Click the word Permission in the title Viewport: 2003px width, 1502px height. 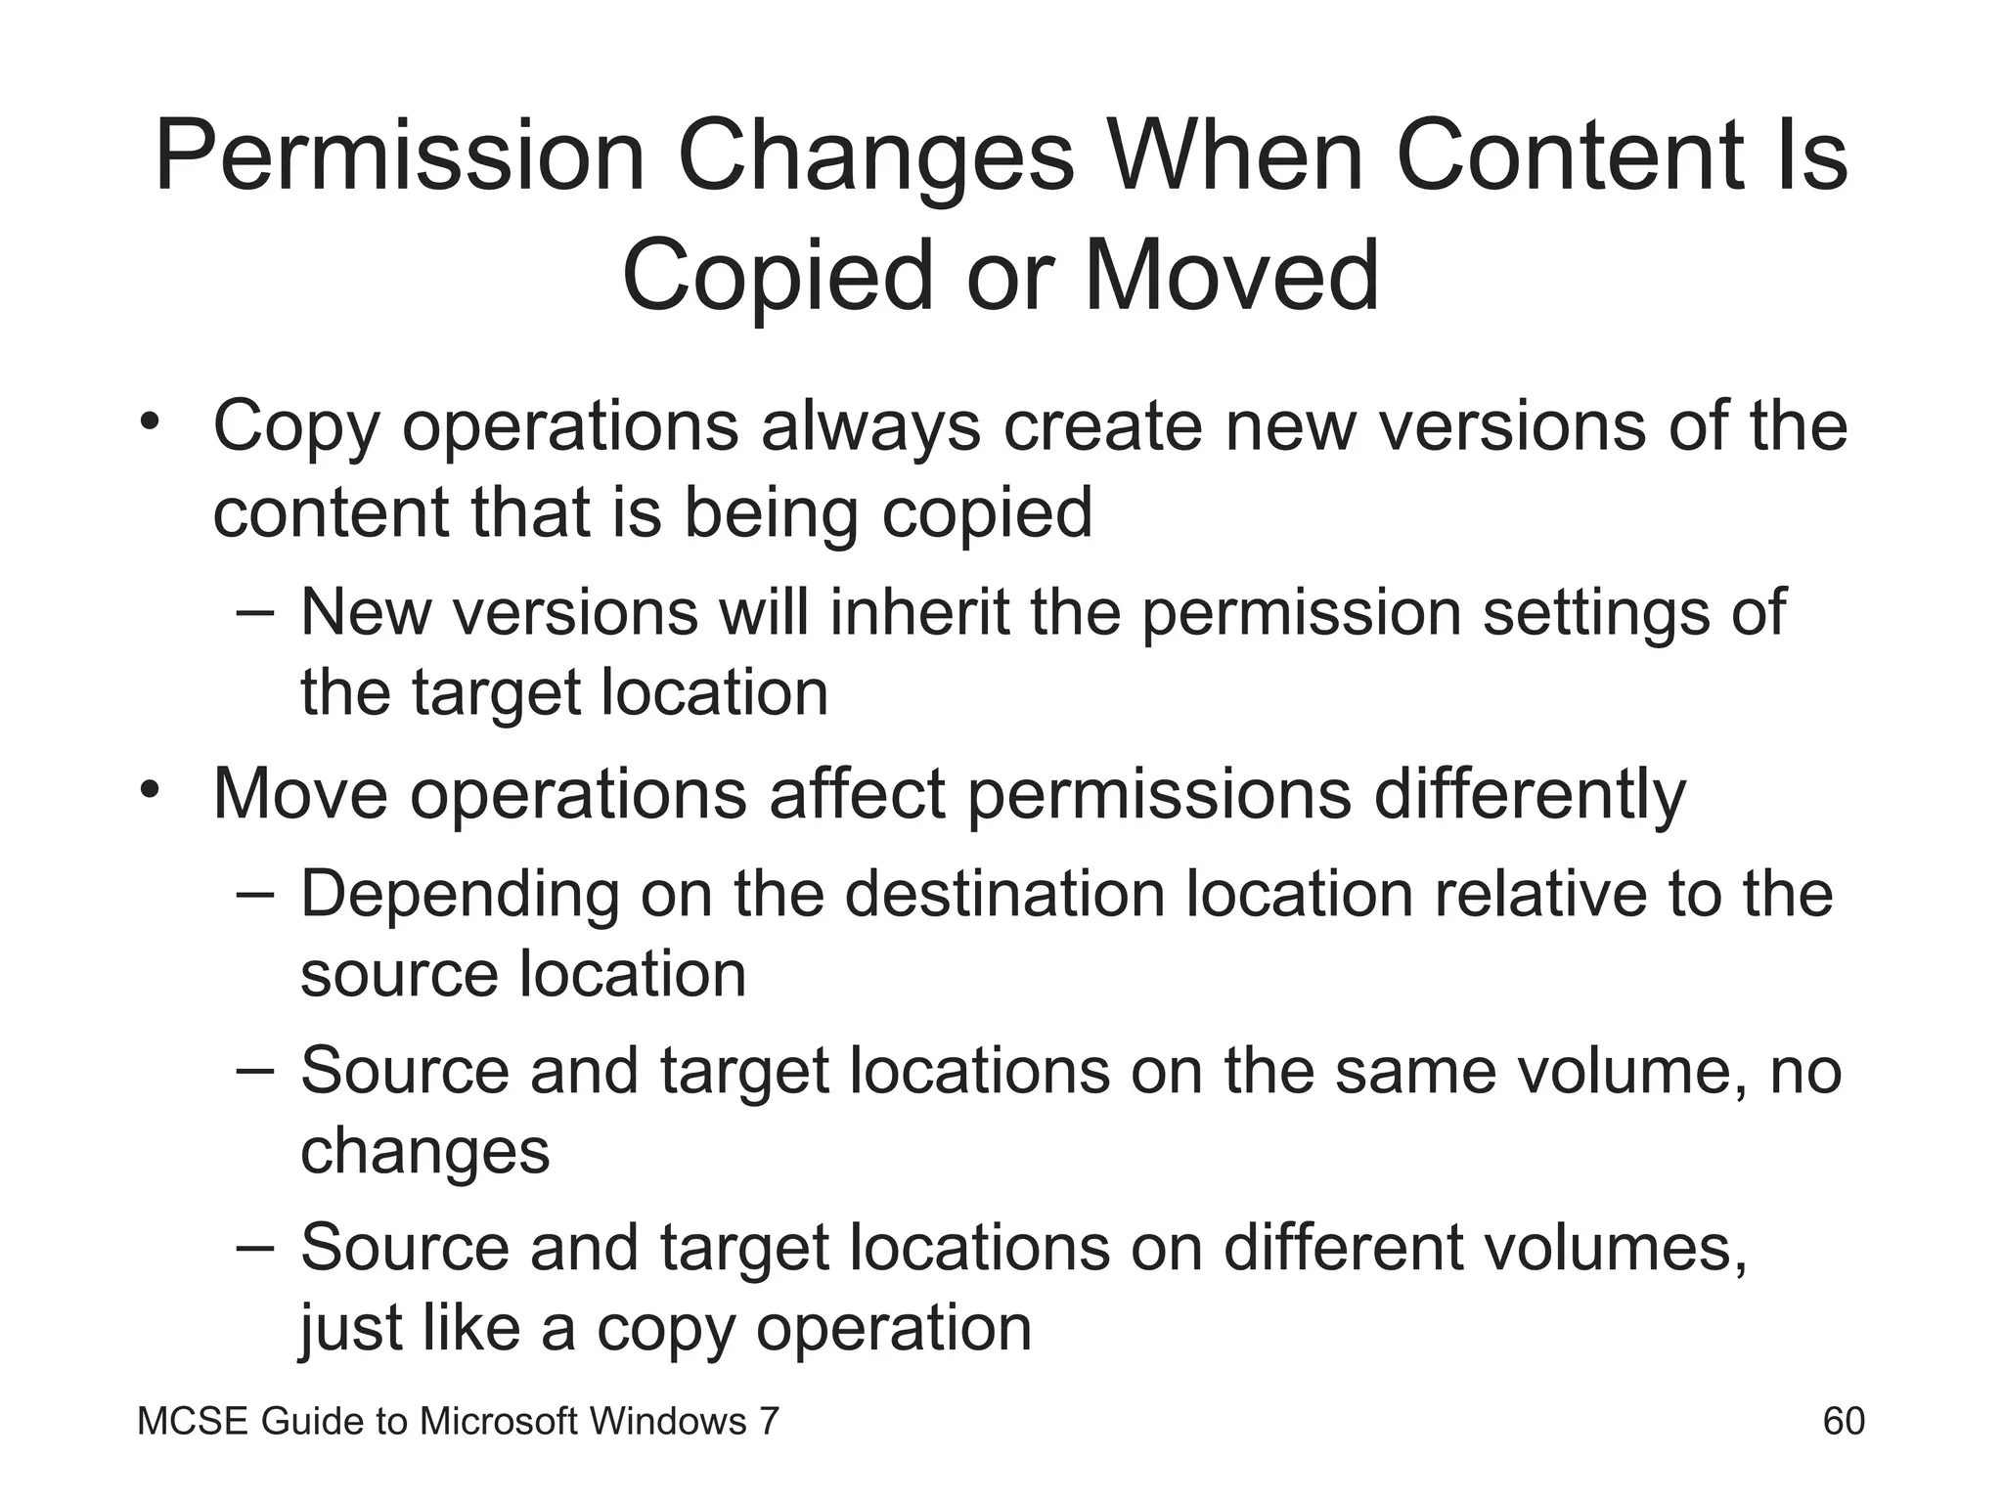[x=399, y=156]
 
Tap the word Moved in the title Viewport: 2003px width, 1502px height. [x=1231, y=276]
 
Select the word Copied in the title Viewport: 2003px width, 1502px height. [x=778, y=276]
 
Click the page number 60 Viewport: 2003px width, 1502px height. [x=1844, y=1421]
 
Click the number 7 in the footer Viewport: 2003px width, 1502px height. [x=769, y=1421]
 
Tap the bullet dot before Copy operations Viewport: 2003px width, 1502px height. [x=149, y=423]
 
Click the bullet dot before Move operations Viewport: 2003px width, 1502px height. [x=149, y=789]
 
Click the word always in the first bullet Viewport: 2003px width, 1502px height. [x=869, y=426]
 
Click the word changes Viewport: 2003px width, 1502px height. [x=424, y=1152]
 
